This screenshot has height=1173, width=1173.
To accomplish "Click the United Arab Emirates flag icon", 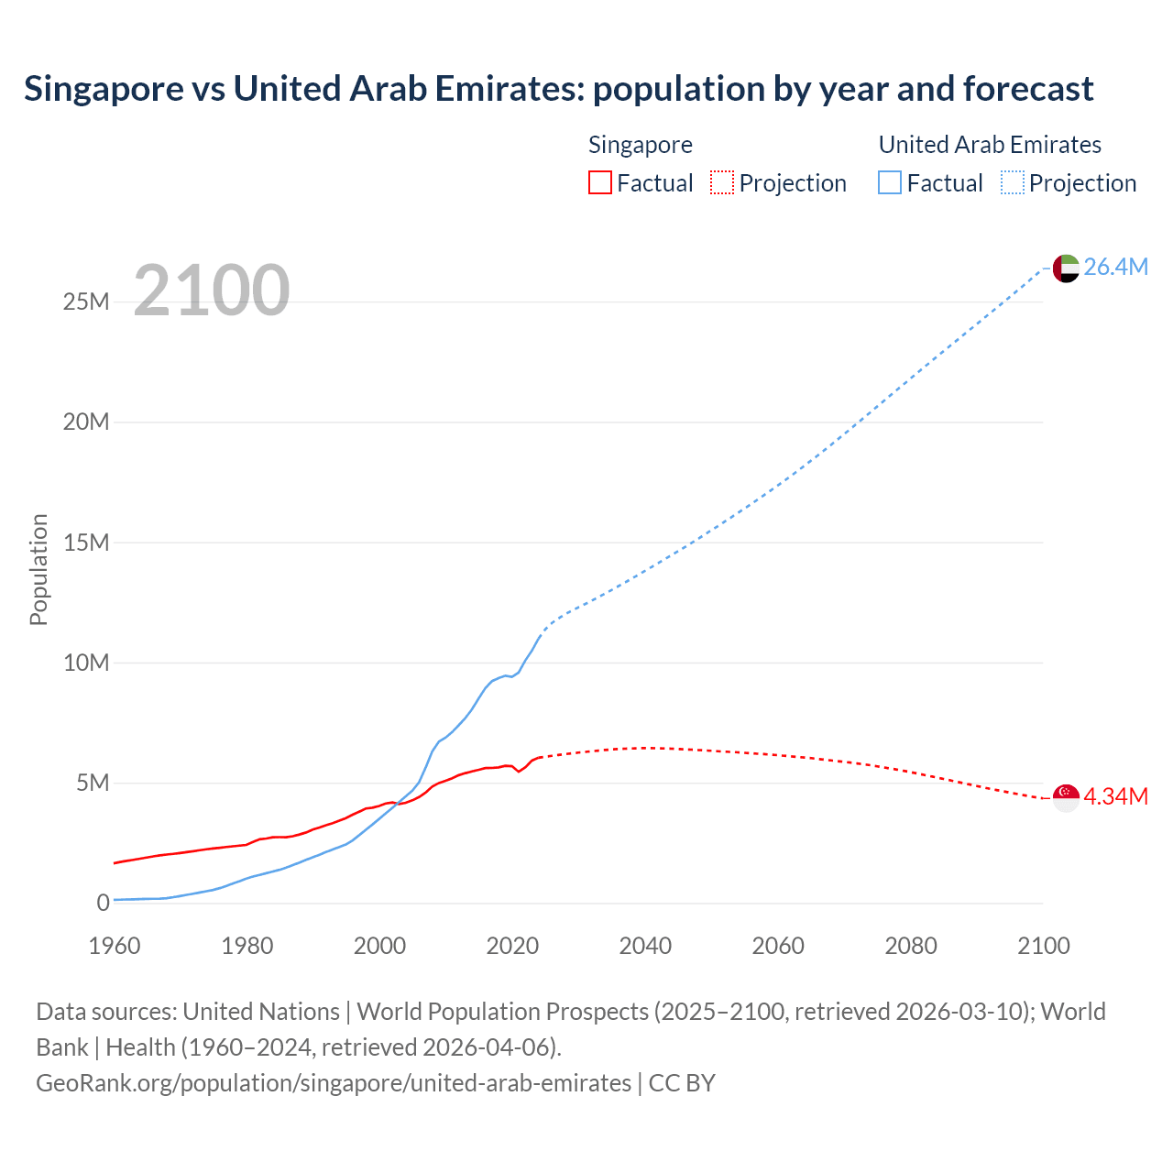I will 1065,268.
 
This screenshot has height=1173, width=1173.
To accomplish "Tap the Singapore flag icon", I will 1065,797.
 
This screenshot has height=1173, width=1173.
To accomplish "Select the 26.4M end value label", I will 1115,267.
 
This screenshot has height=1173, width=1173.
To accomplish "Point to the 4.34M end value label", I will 1115,796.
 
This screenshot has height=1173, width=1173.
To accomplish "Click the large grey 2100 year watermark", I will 212,291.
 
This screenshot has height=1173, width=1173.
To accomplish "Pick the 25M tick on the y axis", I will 86,301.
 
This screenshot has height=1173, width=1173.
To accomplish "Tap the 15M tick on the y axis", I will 86,543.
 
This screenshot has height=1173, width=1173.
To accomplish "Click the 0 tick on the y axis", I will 103,903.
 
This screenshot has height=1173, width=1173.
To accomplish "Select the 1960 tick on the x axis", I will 115,946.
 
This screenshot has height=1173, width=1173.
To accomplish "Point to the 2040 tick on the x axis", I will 645,946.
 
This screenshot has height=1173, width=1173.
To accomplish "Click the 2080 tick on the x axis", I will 911,946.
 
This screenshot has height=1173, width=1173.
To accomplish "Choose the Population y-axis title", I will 38,569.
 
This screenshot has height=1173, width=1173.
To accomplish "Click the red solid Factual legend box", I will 600,182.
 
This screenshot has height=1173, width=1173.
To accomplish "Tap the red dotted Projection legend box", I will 722,182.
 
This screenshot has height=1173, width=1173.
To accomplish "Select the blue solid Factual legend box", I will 890,182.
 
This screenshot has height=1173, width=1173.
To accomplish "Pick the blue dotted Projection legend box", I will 1013,182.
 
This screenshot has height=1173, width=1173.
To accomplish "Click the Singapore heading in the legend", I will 640,145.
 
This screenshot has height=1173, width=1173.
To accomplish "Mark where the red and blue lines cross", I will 397,804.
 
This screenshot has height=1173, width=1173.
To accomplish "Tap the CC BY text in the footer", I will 682,1082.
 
